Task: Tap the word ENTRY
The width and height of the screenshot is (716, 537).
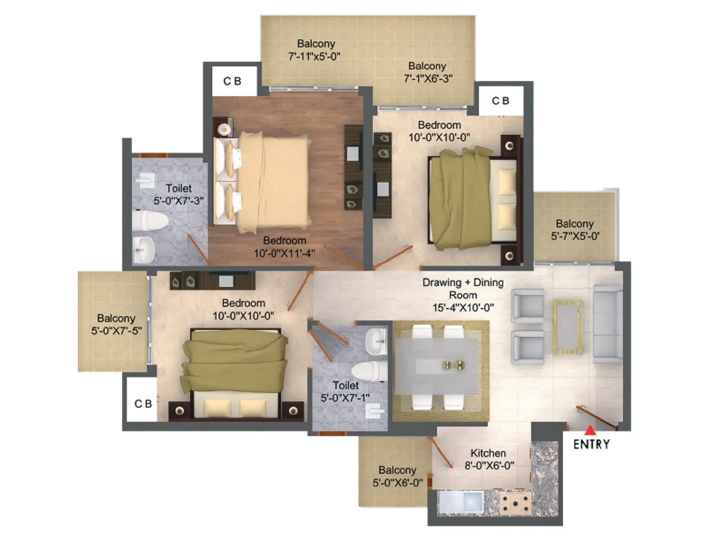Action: point(592,444)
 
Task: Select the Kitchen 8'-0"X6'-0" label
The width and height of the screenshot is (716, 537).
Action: point(488,459)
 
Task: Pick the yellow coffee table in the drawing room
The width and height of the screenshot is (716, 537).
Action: point(568,327)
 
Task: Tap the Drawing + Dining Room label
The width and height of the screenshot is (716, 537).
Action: point(463,295)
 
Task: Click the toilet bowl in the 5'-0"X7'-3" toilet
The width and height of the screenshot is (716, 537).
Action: point(150,221)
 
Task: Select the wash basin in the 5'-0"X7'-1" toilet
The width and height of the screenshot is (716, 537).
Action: point(376,341)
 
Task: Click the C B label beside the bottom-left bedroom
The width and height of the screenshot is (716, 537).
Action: point(143,404)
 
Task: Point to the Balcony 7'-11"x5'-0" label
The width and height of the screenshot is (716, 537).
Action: point(315,50)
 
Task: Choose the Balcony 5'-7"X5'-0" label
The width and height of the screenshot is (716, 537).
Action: point(575,230)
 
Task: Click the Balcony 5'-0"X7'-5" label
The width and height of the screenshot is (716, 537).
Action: point(116,324)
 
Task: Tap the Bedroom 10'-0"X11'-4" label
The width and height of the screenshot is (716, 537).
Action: point(285,247)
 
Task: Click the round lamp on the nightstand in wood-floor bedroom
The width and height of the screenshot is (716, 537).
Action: point(224,129)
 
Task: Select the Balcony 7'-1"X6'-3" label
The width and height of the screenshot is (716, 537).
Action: point(427,72)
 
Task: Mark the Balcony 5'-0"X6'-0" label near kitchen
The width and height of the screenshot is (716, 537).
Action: point(397,476)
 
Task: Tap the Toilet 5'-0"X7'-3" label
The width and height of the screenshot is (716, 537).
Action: point(179,194)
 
